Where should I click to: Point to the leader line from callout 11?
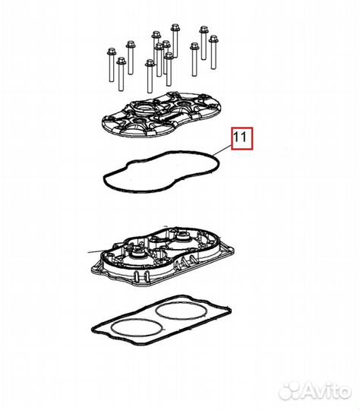click(223, 151)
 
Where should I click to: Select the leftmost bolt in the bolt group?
click(111, 65)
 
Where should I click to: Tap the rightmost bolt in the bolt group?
click(213, 52)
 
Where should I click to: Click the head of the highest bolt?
click(175, 27)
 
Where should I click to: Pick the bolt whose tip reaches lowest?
click(150, 76)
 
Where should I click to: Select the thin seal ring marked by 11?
click(161, 172)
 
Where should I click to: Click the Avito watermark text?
click(327, 392)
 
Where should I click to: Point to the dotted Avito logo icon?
click(290, 392)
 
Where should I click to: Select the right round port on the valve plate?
click(182, 237)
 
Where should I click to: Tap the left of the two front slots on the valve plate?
click(136, 276)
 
